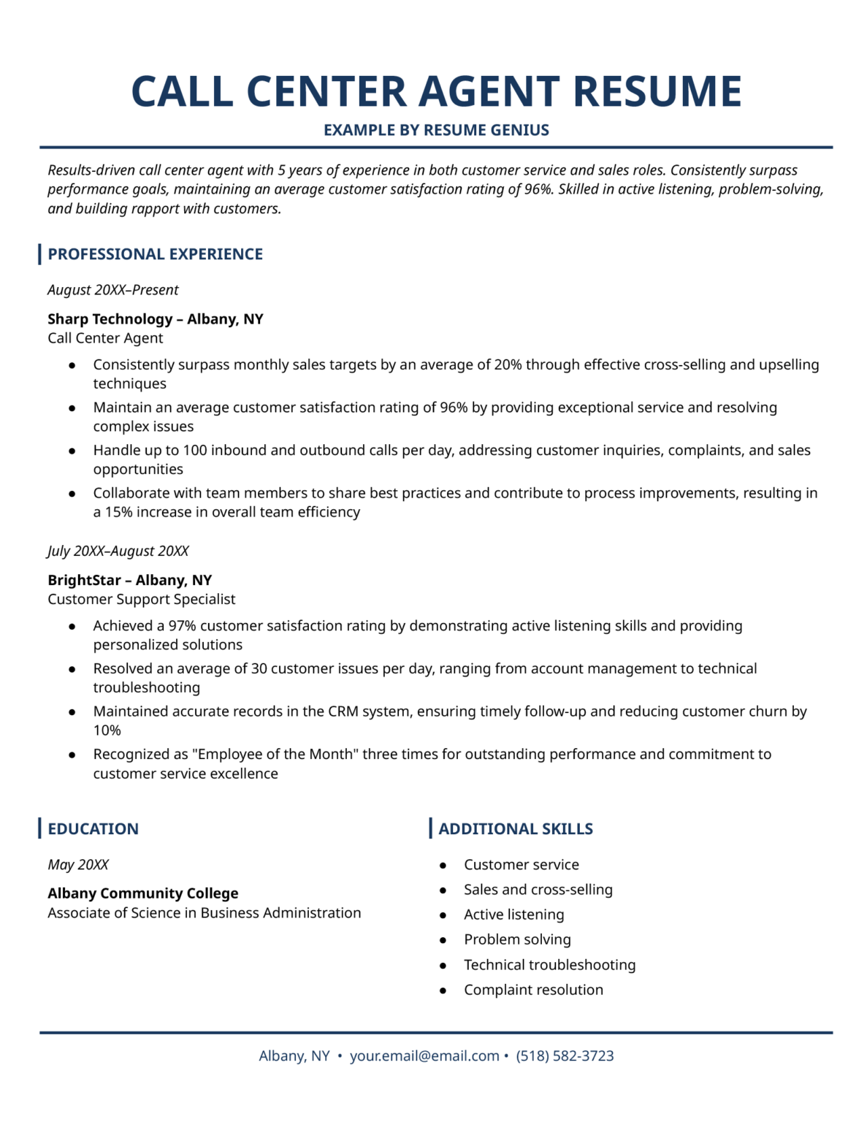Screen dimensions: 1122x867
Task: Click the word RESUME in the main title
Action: (x=657, y=92)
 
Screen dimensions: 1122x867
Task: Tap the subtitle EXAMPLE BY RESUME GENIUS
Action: (x=436, y=130)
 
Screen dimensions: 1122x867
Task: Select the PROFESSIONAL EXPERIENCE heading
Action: (x=155, y=254)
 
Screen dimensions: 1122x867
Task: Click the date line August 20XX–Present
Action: (x=112, y=290)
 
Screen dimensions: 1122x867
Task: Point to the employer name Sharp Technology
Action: (x=110, y=319)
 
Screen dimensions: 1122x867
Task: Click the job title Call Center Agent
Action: (x=105, y=338)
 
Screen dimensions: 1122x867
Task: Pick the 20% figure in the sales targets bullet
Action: (x=508, y=365)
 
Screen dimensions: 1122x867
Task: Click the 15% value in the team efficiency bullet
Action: (x=118, y=512)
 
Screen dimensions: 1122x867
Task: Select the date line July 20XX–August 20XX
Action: (x=118, y=551)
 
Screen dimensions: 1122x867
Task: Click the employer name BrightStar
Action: (x=84, y=580)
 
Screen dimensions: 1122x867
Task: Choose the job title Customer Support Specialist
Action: (x=141, y=599)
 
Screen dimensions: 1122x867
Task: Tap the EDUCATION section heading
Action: (x=93, y=829)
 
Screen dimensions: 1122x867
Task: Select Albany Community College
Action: (x=142, y=893)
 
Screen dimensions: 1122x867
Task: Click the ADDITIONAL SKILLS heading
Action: (x=515, y=829)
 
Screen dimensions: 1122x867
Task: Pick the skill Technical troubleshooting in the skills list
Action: (x=549, y=965)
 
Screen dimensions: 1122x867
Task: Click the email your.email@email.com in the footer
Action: (x=424, y=1056)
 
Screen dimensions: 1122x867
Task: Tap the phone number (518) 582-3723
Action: (x=565, y=1056)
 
